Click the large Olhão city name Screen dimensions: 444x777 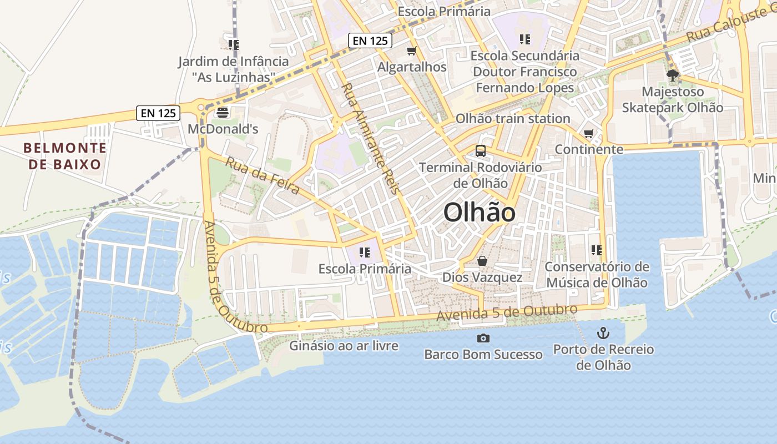(480, 213)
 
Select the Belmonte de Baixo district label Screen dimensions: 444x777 (65, 156)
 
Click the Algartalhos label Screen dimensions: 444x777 (412, 67)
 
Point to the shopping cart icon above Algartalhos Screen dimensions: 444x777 (412, 51)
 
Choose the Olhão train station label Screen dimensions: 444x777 (513, 119)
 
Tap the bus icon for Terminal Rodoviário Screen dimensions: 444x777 (481, 150)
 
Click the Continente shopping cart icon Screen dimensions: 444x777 (589, 134)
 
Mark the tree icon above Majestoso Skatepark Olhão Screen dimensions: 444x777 (673, 75)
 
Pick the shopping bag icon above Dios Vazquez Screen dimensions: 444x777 (482, 261)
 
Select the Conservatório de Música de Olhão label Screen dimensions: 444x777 (597, 275)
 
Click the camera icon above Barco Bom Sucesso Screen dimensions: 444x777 (483, 338)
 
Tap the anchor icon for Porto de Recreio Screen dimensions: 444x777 (603, 333)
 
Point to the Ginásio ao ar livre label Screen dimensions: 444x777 (344, 346)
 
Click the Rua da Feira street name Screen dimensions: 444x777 (263, 176)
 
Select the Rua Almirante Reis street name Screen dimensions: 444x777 (371, 138)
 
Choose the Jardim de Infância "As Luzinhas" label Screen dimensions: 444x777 (234, 69)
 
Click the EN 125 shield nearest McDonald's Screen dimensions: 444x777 (159, 113)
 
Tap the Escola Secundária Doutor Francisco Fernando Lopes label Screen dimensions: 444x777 (525, 72)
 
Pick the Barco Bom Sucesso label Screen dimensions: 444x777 (483, 354)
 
